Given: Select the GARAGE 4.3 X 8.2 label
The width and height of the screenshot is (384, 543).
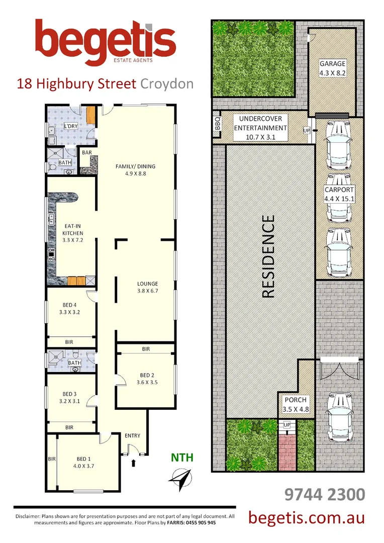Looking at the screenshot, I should tap(333, 68).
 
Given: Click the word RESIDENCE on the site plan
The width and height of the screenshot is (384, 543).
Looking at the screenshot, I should tap(269, 257).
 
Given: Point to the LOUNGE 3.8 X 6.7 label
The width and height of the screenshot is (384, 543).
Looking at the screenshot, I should tap(146, 287).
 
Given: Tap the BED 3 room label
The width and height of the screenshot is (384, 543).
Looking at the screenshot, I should tap(69, 397).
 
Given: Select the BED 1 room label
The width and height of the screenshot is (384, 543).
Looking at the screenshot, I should tap(83, 462).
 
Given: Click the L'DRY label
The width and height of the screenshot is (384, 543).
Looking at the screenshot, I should tap(69, 126).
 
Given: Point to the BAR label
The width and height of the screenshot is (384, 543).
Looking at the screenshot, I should tap(86, 151).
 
